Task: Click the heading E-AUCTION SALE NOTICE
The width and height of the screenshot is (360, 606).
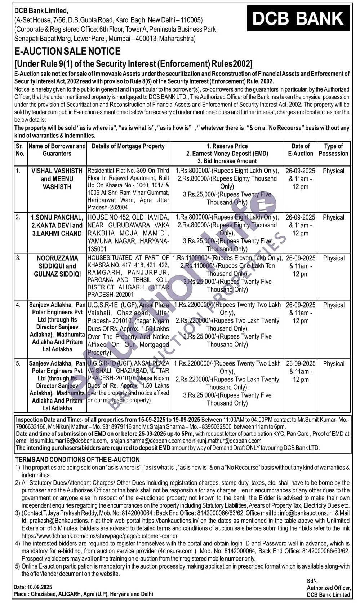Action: (x=67, y=52)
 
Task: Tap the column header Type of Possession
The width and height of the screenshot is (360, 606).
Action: (x=333, y=150)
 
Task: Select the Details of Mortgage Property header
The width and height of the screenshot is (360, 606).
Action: (x=128, y=146)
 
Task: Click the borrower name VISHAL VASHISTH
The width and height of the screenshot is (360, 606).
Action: (x=57, y=171)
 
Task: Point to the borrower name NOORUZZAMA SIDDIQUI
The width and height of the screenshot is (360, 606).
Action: (x=57, y=258)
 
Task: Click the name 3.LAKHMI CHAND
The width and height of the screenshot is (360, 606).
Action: (x=57, y=233)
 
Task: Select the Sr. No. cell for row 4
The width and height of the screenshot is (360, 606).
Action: (x=18, y=305)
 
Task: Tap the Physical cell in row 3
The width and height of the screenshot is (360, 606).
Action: (x=333, y=258)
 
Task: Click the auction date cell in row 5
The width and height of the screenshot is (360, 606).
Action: (x=301, y=371)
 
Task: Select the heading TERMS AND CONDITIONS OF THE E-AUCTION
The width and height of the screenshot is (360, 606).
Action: (x=77, y=460)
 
